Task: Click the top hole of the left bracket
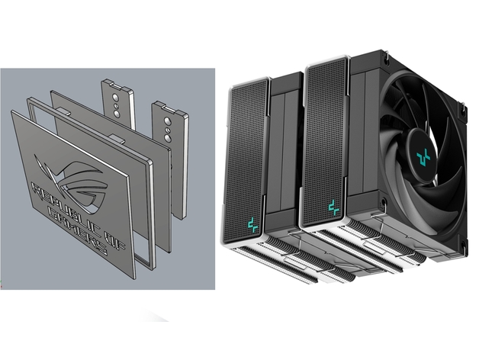click(115, 98)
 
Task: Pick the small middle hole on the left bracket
click(116, 106)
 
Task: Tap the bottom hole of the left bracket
click(117, 114)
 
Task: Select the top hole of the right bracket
click(167, 121)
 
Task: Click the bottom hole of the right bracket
click(168, 138)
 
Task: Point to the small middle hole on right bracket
click(168, 130)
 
